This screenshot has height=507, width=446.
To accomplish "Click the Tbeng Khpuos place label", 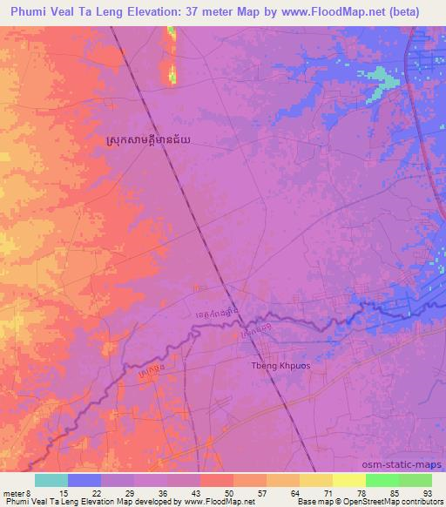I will [280, 366].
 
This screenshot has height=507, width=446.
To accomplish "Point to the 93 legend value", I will [426, 491].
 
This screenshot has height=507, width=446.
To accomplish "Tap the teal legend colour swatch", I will [51, 479].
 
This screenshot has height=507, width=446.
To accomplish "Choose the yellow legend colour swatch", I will [315, 479].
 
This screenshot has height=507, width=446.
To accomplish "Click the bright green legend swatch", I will [382, 479].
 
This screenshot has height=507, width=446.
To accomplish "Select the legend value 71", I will [294, 491].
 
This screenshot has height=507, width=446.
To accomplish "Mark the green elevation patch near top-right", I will [376, 77].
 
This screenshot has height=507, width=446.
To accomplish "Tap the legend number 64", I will [261, 491].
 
